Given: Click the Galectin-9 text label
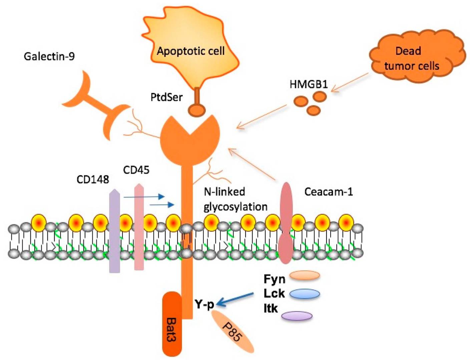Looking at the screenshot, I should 49,56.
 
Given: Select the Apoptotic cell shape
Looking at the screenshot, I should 190,50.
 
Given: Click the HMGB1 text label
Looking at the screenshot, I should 309,84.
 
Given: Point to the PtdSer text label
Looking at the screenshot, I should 166,97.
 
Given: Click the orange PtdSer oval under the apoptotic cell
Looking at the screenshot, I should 196,110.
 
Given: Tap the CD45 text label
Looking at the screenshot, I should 136,170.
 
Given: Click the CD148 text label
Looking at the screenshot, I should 93,179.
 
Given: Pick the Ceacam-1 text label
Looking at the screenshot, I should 328,192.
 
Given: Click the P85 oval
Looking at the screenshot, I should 232,332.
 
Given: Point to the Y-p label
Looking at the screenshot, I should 204,304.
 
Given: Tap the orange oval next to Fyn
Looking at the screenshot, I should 304,275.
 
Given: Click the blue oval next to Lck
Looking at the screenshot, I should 304,294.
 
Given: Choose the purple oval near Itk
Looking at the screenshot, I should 297,316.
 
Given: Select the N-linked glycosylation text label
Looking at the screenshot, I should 235,199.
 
